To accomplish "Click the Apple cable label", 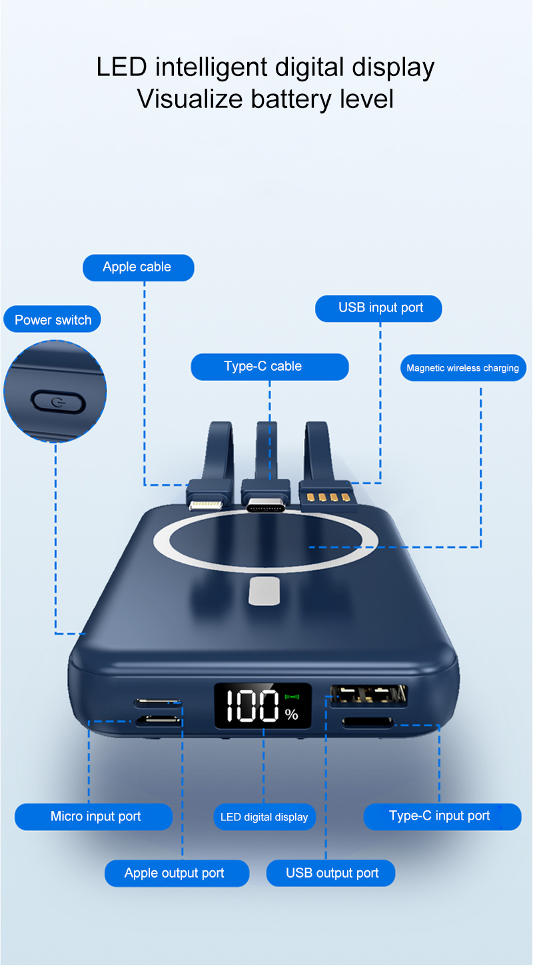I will click(x=137, y=267).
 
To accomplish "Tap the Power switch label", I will click(x=53, y=320).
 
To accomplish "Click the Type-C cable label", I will click(x=269, y=367).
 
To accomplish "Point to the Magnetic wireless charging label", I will click(x=462, y=368).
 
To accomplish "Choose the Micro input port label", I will click(x=94, y=817).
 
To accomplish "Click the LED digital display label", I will click(x=264, y=817).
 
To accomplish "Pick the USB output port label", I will click(x=331, y=874).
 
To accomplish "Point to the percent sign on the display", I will click(x=292, y=715).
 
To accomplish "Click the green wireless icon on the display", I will click(x=292, y=698).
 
